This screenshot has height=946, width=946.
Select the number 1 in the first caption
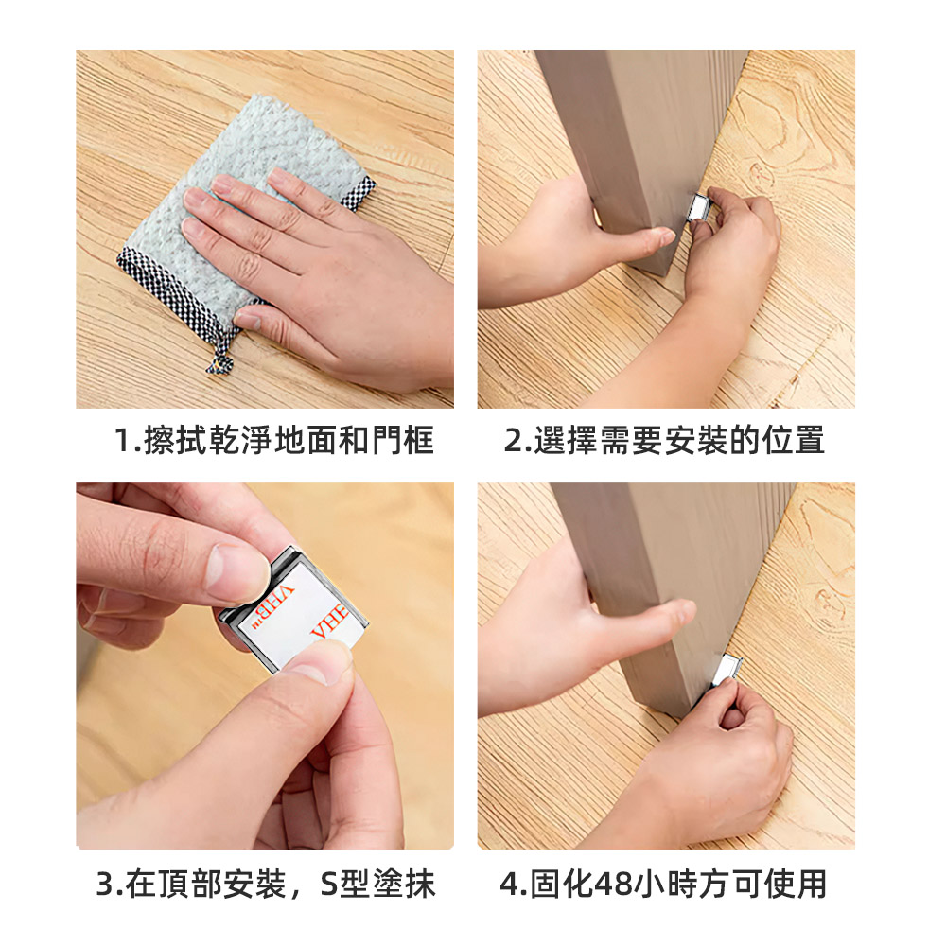pos(122,441)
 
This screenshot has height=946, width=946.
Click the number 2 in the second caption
pos(513,441)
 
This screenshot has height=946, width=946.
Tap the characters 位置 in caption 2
pos(796,441)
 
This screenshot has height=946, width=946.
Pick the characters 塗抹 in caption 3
pos(403,885)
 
